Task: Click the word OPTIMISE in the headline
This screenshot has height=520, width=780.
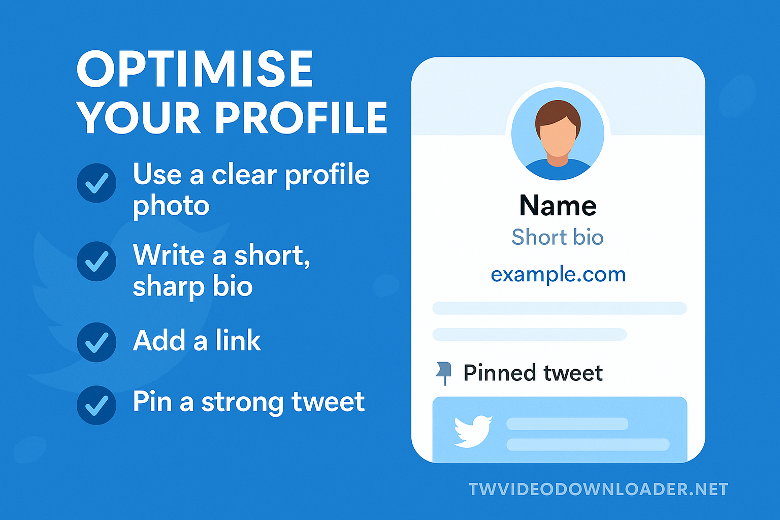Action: [x=195, y=69]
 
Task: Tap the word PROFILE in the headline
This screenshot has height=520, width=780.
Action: [x=301, y=118]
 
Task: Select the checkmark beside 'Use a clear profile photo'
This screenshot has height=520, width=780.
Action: [x=96, y=183]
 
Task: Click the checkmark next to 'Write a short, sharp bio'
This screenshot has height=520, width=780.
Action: [x=96, y=261]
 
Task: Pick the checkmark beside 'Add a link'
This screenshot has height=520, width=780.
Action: [x=96, y=342]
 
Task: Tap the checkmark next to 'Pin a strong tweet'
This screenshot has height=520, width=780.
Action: [x=96, y=405]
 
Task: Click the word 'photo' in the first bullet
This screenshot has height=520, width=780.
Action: [x=171, y=206]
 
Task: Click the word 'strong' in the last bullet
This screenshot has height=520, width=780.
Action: [x=242, y=403]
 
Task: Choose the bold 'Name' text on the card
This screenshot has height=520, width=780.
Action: [x=558, y=205]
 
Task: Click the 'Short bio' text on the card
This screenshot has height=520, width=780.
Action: [x=558, y=237]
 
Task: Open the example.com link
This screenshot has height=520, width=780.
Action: [x=558, y=274]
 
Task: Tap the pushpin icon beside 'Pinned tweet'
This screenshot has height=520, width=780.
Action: [x=444, y=373]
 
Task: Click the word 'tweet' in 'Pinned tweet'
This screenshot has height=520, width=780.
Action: [x=573, y=373]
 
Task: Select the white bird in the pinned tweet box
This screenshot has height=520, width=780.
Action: [x=473, y=431]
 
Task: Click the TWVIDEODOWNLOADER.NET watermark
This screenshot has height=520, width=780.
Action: [x=598, y=489]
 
